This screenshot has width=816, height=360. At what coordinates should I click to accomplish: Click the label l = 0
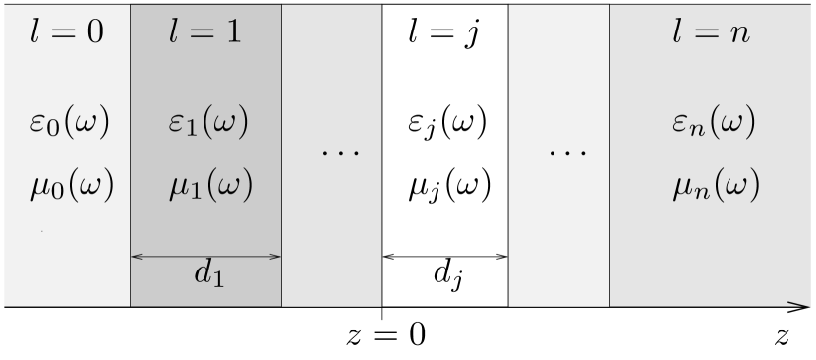click(x=67, y=31)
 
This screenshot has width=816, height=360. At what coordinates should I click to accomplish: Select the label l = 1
click(x=205, y=31)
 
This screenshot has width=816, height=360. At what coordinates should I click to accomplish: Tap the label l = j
click(x=445, y=31)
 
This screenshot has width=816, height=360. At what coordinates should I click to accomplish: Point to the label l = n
click(x=712, y=31)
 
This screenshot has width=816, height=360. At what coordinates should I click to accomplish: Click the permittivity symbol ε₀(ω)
click(x=70, y=124)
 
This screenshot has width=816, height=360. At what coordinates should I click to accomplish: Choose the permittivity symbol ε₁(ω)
click(x=206, y=124)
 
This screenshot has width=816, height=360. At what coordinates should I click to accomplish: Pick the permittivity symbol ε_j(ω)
click(x=446, y=126)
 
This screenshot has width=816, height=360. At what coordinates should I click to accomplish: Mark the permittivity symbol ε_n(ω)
click(x=713, y=124)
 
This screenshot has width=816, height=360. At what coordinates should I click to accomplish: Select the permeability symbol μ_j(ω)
click(x=447, y=186)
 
